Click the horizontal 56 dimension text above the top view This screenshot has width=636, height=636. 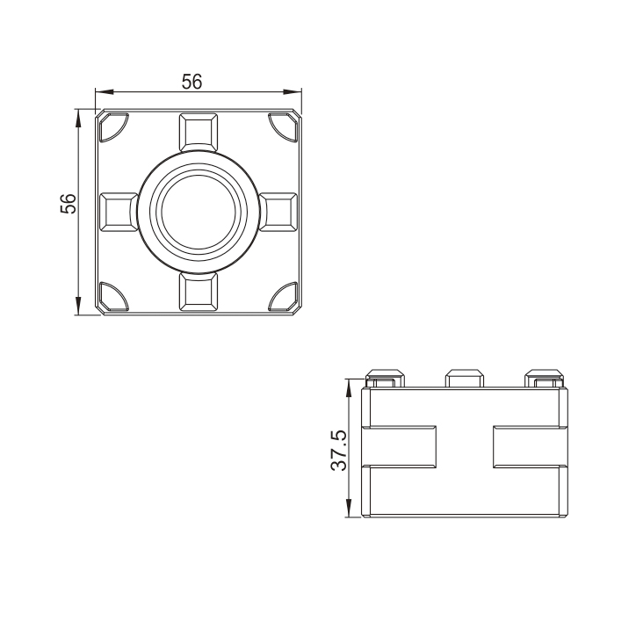coord(192,82)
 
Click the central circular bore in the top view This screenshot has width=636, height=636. coord(198,212)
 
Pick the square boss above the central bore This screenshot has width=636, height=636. coord(198,131)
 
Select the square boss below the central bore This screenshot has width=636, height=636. coord(198,292)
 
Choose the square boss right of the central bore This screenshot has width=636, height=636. coord(278,212)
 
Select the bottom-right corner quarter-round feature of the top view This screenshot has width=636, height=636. coord(283,297)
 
